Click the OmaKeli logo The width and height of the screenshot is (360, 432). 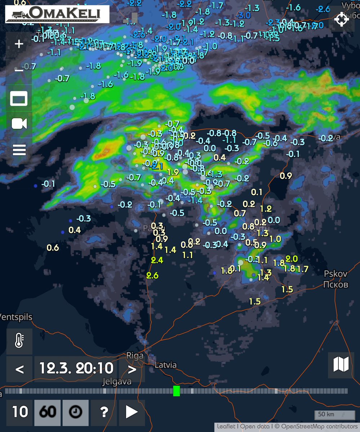pos(57,14)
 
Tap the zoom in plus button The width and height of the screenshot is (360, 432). pos(19,44)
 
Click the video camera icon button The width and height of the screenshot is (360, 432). pos(19,124)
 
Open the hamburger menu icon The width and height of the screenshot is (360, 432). pos(19,149)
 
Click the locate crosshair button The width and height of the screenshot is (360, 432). pos(341,19)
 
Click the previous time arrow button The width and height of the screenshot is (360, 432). pos(20,369)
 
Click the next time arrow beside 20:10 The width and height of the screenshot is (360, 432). pos(132,369)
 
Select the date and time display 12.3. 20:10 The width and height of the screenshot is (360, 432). pos(76,368)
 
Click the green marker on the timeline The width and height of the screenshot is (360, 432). pos(176,391)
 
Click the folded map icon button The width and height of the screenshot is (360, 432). pos(341,365)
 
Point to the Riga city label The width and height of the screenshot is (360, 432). pos(135,356)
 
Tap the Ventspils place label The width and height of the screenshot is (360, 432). pos(16,318)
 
